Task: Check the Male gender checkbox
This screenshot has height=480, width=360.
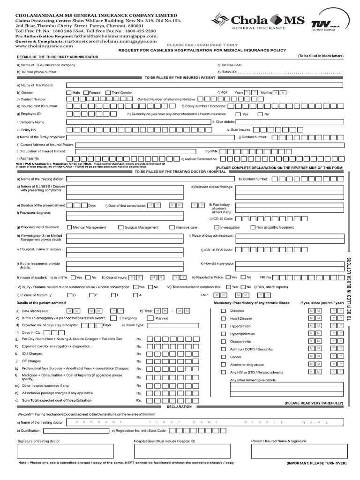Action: click(x=69, y=93)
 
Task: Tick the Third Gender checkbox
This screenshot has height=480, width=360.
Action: click(x=108, y=93)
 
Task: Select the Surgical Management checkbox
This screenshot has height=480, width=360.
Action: click(x=120, y=227)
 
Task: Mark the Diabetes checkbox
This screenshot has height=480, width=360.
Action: click(x=223, y=311)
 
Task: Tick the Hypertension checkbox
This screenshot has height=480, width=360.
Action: click(x=223, y=326)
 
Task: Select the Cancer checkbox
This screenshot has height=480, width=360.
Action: click(x=223, y=357)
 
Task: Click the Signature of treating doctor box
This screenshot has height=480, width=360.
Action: click(x=65, y=451)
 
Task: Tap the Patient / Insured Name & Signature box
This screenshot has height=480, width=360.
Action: click(x=298, y=451)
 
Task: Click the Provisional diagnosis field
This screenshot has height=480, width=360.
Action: click(x=125, y=215)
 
